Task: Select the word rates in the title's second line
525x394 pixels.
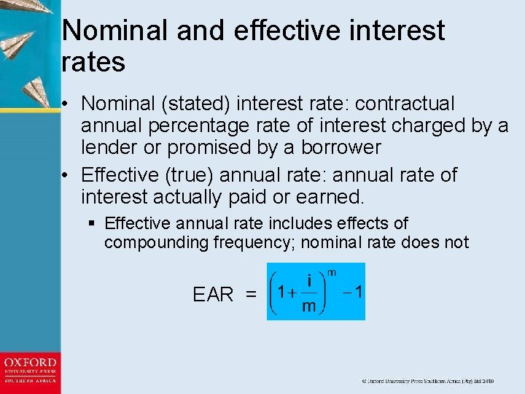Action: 93,62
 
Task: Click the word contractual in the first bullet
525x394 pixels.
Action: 405,104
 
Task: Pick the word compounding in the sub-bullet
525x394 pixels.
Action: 154,242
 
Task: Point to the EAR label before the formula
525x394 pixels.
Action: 213,295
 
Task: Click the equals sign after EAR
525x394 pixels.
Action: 251,295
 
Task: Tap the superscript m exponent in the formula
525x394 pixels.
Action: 332,272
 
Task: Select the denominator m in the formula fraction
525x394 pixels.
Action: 309,306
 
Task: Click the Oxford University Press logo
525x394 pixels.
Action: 30,370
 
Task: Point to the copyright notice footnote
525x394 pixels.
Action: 427,381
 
